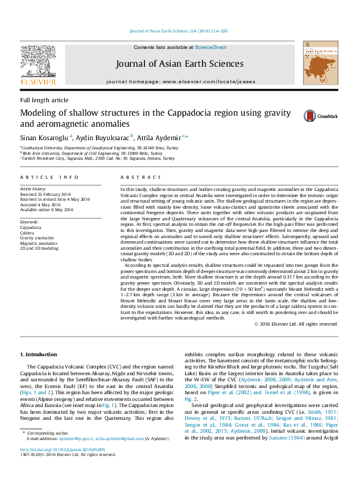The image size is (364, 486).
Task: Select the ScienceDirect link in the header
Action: click(x=210, y=47)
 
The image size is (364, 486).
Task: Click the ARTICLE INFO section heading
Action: click(x=50, y=177)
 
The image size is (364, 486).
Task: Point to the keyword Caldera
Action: click(x=27, y=233)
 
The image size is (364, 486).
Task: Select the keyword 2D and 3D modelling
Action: click(x=39, y=249)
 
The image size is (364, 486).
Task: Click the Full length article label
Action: click(x=44, y=100)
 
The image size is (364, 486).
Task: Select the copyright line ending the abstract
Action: click(x=297, y=323)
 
